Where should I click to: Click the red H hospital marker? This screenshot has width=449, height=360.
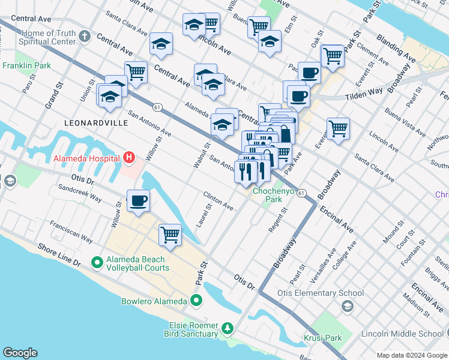click(x=128, y=158)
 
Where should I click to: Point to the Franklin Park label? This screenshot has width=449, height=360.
click(x=26, y=65)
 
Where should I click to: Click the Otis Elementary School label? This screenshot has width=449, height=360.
click(x=320, y=293)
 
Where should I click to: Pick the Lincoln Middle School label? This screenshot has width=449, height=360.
click(x=402, y=334)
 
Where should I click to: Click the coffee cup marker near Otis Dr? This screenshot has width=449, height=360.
click(x=138, y=201)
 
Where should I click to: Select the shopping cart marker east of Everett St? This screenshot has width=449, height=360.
click(x=339, y=128)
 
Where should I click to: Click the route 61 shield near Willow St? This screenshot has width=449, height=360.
click(x=157, y=107)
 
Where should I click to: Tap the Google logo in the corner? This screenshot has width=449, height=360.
click(x=20, y=353)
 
